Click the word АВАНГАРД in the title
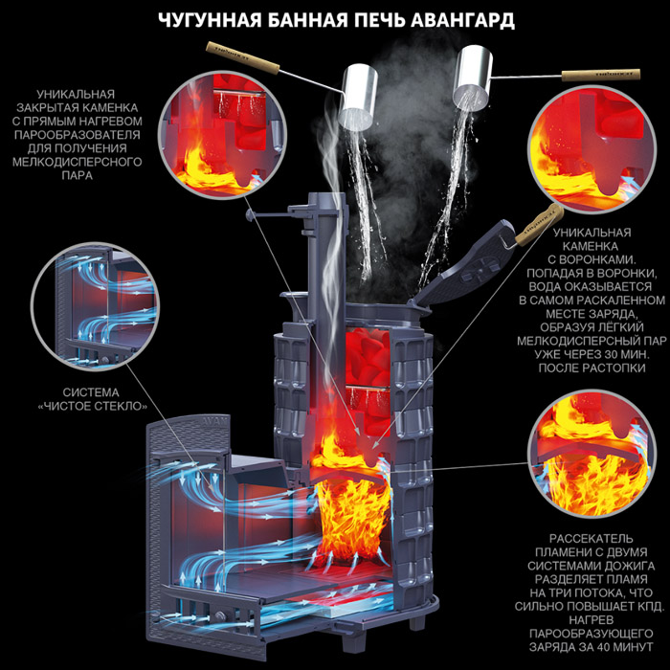tap(462, 20)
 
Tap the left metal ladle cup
tap(358, 97)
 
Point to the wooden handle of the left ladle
tap(242, 57)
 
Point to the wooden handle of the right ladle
tap(601, 75)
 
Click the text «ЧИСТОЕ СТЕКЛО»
tap(92, 406)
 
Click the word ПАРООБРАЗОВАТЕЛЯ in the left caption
tap(78, 135)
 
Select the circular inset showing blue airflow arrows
tap(95, 306)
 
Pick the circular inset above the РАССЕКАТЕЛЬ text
tap(592, 453)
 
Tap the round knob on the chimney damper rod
tap(250, 213)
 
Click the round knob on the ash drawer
tap(220, 616)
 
